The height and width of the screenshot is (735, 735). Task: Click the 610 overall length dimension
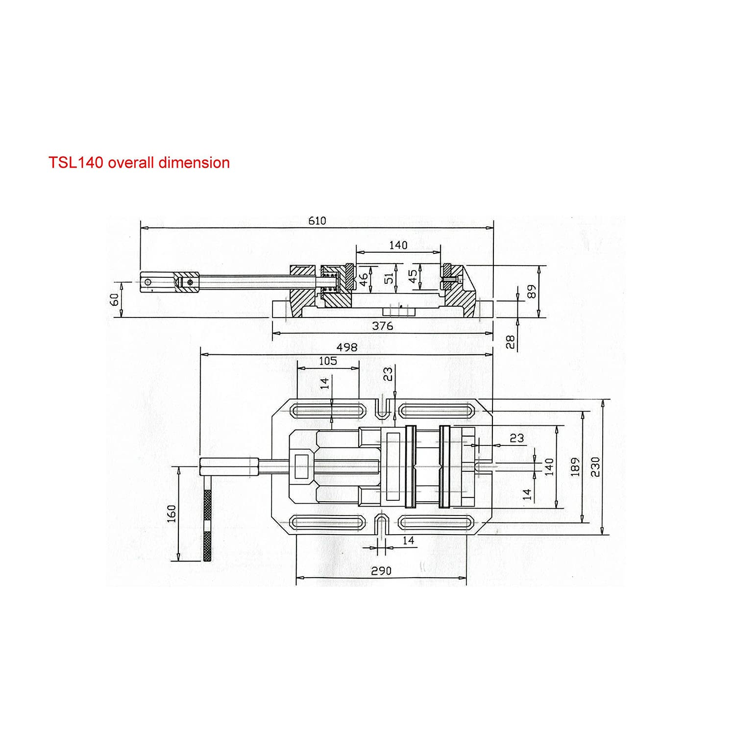[x=317, y=221]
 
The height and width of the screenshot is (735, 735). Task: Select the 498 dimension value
[x=347, y=347]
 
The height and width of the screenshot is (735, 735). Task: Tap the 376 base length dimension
[x=383, y=326]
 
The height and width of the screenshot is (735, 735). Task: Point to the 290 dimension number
[x=381, y=571]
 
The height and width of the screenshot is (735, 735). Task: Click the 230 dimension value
[x=595, y=467]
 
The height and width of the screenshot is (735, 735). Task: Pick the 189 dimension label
[x=575, y=467]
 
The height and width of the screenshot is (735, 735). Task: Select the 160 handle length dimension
[x=171, y=514]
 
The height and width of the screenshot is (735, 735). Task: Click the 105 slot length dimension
[x=328, y=361]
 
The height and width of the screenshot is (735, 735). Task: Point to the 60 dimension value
[x=114, y=299]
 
